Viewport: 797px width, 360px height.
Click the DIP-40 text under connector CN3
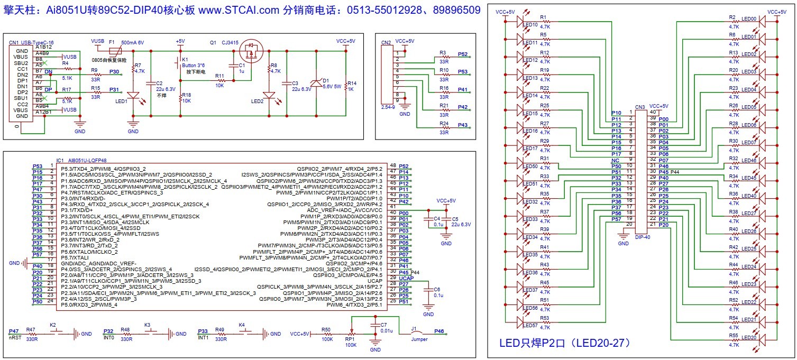point(643,237)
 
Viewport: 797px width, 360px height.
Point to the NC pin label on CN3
point(616,160)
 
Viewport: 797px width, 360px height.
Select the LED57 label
point(530,325)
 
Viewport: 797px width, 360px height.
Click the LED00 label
point(749,19)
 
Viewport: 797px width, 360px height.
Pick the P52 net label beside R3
point(463,54)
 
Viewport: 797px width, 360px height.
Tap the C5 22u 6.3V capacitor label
point(461,221)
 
